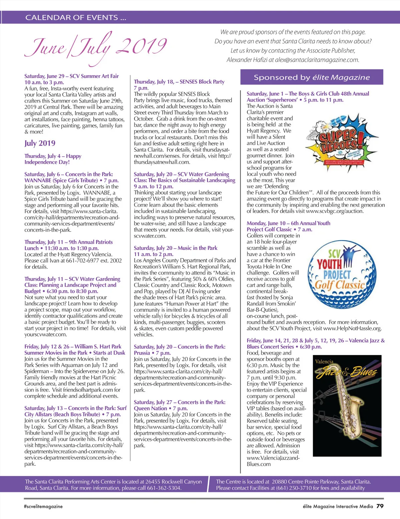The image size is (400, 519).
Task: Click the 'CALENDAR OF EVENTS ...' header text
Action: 76,18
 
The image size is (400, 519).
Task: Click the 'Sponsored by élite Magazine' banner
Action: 312,77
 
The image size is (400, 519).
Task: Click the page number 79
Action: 380,506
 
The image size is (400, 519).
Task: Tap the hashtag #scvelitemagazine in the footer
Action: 43,506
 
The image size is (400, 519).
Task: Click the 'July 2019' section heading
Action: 40,143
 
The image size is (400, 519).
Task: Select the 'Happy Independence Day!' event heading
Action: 53,159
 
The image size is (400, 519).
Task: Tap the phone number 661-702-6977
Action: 82,260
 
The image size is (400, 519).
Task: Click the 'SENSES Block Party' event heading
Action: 202,82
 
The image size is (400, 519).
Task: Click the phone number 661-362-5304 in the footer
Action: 164,488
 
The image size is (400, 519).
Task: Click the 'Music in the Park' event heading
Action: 197,248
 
